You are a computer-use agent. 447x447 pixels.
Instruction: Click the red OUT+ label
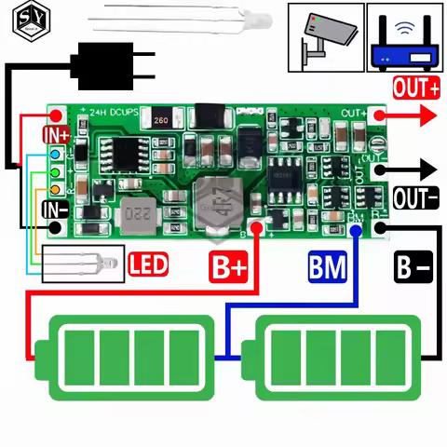point(415,89)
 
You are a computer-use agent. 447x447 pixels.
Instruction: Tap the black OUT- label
point(415,198)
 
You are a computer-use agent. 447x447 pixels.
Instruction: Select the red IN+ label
point(56,133)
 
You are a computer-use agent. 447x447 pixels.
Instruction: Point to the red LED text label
point(149,265)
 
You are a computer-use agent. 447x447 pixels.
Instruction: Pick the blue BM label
point(327,268)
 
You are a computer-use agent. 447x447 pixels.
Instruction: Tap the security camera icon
point(324,37)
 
